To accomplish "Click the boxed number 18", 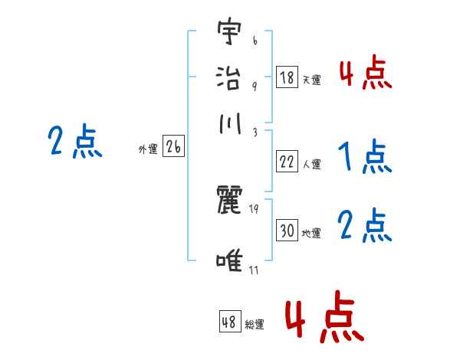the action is point(287,77).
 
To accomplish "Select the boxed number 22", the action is point(287,162).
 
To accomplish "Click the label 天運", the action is point(311,79).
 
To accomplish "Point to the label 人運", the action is point(311,164).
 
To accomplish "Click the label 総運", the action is point(254,324).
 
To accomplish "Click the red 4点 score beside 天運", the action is point(365,74).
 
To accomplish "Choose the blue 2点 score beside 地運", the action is point(365,226).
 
